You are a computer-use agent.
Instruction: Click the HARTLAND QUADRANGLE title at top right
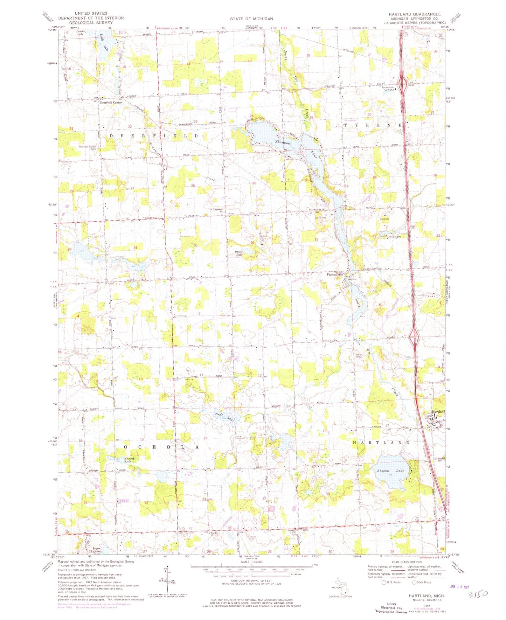point(414,14)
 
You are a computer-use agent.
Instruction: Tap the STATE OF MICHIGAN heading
point(251,19)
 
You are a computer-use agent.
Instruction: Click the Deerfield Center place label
point(111,103)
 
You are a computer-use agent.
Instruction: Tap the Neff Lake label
point(224,416)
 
